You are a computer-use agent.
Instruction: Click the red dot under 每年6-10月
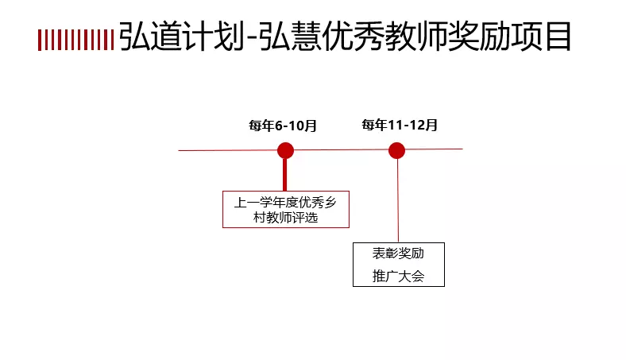tap(285, 150)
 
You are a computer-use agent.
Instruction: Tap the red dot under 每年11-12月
tap(397, 150)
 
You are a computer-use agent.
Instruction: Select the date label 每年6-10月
tap(283, 126)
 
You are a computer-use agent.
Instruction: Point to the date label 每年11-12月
tap(400, 126)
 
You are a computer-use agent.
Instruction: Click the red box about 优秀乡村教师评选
tap(285, 209)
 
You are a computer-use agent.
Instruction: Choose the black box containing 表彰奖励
tap(399, 265)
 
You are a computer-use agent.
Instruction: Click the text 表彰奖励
tap(399, 254)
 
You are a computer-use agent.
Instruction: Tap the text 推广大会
tap(399, 277)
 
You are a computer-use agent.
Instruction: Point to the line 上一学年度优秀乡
tap(285, 202)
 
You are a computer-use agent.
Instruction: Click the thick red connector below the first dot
tap(285, 175)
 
